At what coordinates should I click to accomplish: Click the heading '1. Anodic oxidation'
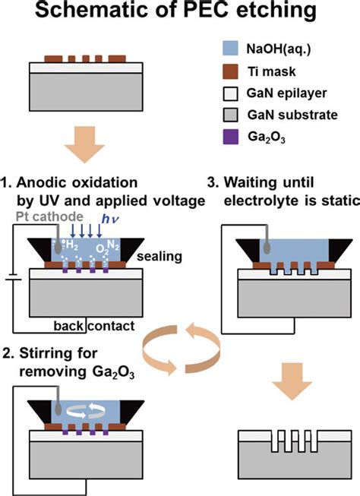(87, 183)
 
